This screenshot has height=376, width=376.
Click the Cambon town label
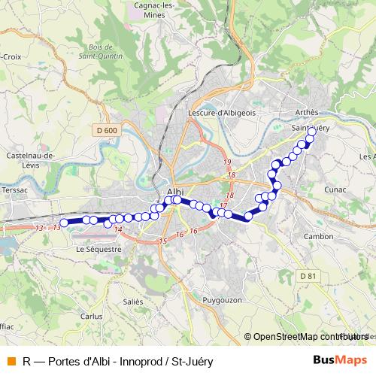pyautogui.click(x=318, y=236)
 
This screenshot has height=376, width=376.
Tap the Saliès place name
pyautogui.click(x=132, y=300)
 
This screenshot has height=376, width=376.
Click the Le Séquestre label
pyautogui.click(x=99, y=248)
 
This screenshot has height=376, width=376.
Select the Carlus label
pyautogui.click(x=91, y=317)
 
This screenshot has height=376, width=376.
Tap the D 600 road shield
pyautogui.click(x=107, y=130)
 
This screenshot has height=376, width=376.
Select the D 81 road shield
pyautogui.click(x=307, y=276)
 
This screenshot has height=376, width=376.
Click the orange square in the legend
pyautogui.click(x=11, y=361)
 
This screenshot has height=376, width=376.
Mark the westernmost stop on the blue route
pyautogui.click(x=64, y=222)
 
